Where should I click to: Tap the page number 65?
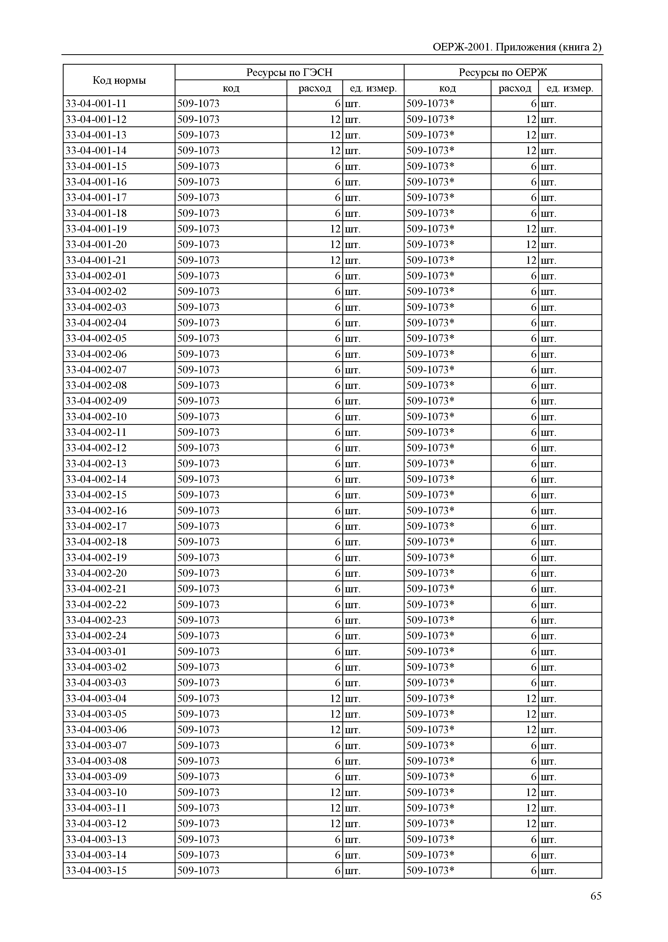point(596,896)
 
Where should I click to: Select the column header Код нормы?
point(119,80)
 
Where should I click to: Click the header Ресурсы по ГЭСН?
point(289,72)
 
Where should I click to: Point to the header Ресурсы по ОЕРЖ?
point(503,72)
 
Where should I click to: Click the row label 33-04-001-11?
point(96,104)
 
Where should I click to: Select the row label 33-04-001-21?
point(96,260)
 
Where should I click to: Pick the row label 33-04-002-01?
point(96,276)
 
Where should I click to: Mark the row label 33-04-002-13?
point(96,464)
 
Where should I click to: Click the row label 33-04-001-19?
point(96,229)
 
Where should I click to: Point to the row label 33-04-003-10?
point(96,792)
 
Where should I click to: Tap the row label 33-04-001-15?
point(96,166)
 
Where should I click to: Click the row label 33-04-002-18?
point(96,542)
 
